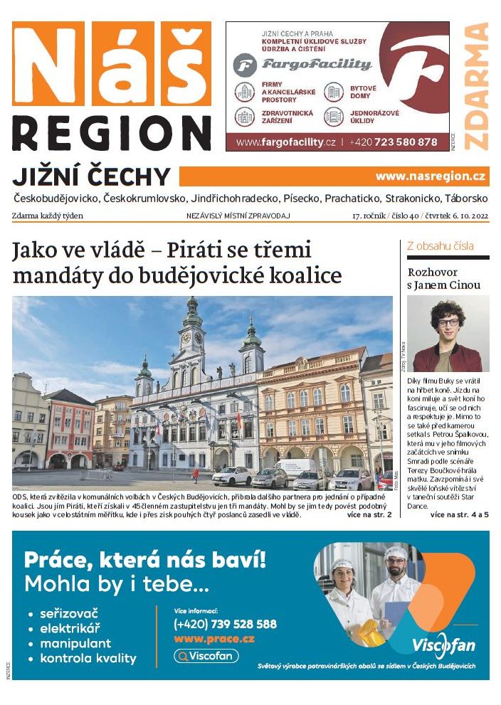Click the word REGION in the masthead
tap(112, 134)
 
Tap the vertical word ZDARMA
tap(476, 85)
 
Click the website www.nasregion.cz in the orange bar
tap(431, 176)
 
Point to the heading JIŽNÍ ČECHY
tap(92, 177)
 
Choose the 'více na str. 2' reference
tap(369, 514)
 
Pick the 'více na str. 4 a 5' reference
tap(459, 514)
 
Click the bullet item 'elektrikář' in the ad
tap(70, 628)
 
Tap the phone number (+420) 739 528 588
tap(225, 624)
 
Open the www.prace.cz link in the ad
tap(214, 639)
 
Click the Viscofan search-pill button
tap(206, 656)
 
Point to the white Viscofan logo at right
tap(443, 645)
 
